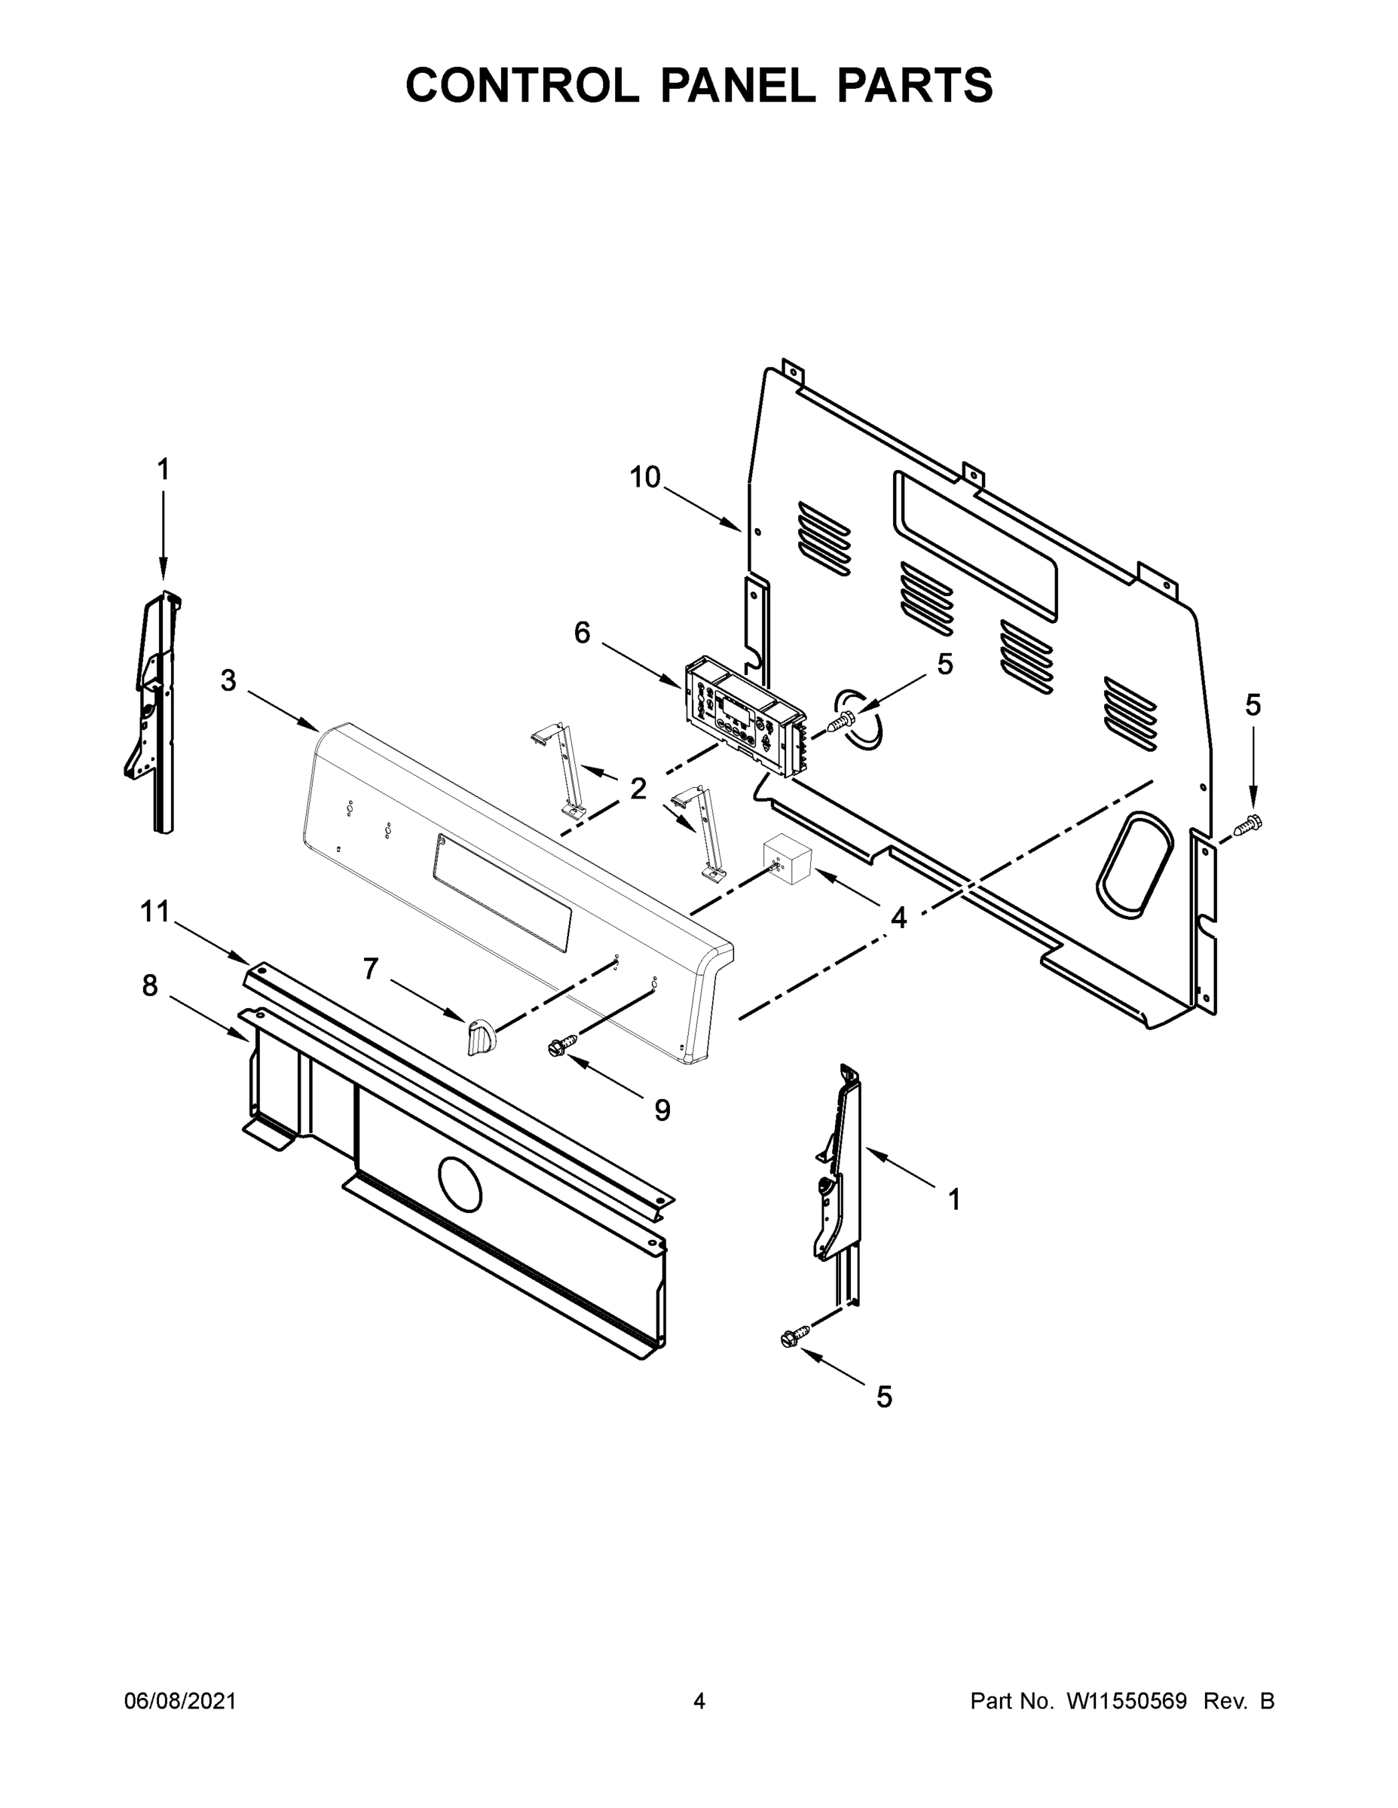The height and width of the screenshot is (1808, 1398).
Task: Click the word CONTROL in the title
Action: pyautogui.click(x=522, y=85)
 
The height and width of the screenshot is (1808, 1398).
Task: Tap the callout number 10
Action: pyautogui.click(x=645, y=477)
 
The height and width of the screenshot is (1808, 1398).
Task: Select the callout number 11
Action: pyautogui.click(x=155, y=912)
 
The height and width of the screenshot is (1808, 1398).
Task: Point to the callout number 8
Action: pyautogui.click(x=150, y=985)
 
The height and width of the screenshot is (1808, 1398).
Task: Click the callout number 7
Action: pyautogui.click(x=370, y=968)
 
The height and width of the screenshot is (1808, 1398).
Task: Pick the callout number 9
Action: pyautogui.click(x=662, y=1110)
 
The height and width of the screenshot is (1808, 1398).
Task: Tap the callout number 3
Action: pyautogui.click(x=228, y=680)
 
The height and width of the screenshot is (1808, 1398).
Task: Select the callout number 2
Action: pyautogui.click(x=638, y=788)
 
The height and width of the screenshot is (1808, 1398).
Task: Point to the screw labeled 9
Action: pyautogui.click(x=556, y=1047)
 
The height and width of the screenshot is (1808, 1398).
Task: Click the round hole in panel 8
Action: pyautogui.click(x=460, y=1186)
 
